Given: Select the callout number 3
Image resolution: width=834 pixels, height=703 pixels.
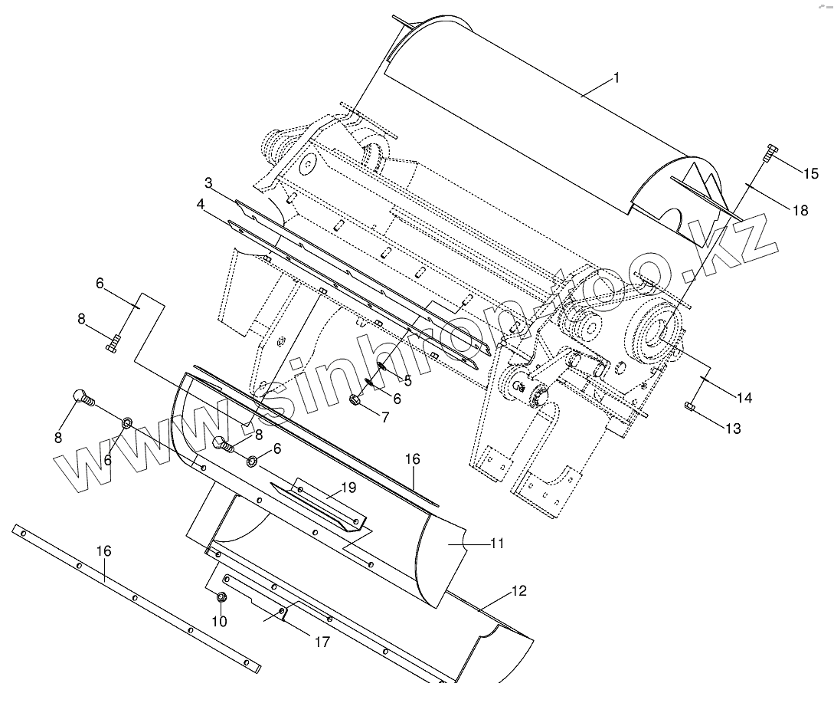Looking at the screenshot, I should (208, 182).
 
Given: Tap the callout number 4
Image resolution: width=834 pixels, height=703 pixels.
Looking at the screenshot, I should (201, 205).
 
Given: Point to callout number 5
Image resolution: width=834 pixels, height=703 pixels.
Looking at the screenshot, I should (407, 379).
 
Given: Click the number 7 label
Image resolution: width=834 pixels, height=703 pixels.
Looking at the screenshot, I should (384, 417).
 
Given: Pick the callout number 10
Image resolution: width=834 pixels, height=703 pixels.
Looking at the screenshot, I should (219, 621).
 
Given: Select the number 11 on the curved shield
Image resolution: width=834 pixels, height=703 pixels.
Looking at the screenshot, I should (497, 544).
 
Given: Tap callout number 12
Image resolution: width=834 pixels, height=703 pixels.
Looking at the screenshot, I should (519, 591).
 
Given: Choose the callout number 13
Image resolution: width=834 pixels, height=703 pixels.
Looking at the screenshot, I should (733, 429).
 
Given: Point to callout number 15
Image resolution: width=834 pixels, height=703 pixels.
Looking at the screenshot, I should (810, 173).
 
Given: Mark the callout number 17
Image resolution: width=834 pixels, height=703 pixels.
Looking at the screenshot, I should (322, 642).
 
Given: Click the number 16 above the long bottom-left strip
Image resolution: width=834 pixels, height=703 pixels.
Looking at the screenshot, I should (103, 551).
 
